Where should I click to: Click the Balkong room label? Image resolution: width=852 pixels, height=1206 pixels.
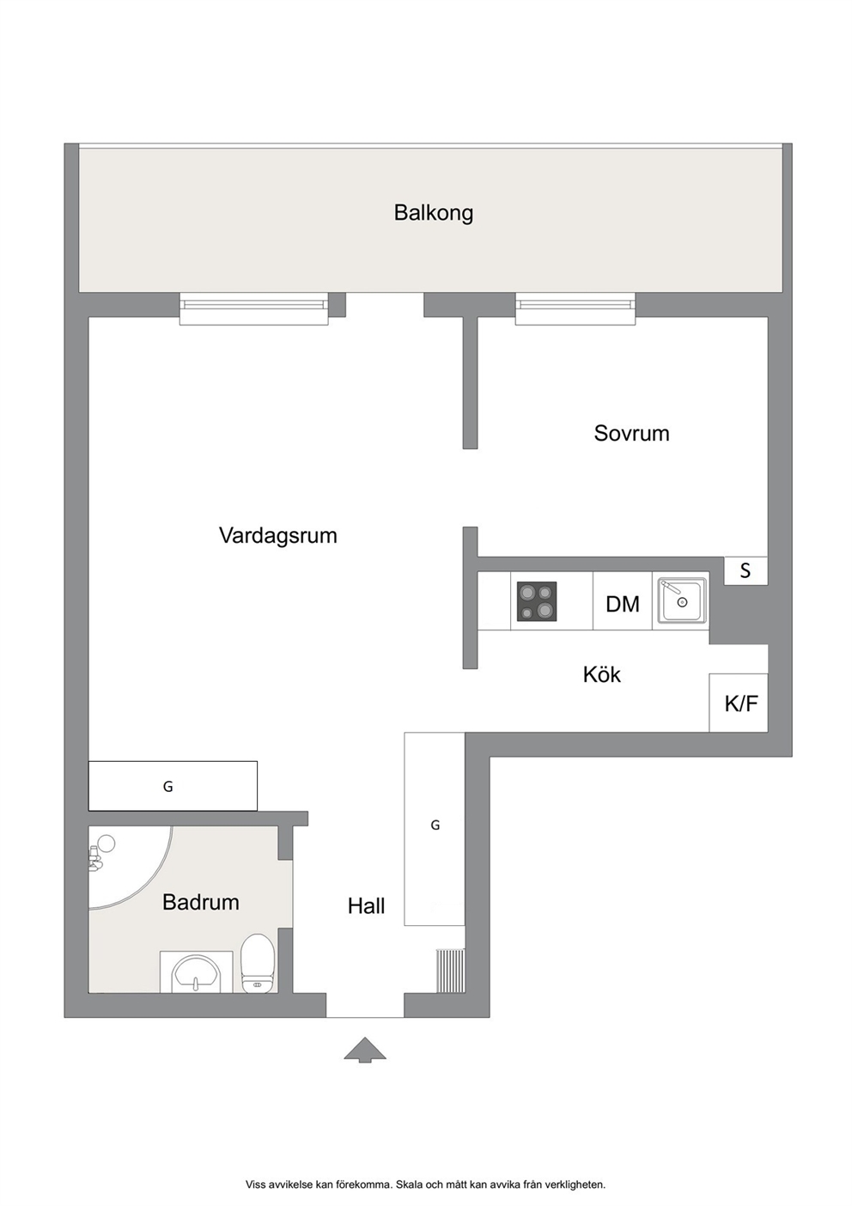[433, 213]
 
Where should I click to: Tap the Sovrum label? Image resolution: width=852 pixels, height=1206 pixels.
[631, 434]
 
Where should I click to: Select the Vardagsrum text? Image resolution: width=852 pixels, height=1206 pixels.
[277, 536]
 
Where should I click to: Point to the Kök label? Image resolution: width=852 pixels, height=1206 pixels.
[601, 674]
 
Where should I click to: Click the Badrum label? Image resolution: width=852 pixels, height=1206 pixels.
[201, 902]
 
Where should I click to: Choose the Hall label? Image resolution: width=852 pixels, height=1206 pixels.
[366, 906]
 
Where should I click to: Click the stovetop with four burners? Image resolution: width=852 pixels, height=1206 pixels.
[537, 601]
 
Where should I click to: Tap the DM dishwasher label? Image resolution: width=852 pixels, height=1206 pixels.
[623, 604]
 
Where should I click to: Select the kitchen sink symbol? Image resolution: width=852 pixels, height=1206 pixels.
[681, 600]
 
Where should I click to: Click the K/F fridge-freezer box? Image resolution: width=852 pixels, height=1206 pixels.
[739, 703]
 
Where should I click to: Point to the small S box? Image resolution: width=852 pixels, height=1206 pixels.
[745, 570]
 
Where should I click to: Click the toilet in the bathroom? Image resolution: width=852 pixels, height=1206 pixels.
[259, 964]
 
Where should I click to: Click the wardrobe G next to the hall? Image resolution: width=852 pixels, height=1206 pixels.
[435, 829]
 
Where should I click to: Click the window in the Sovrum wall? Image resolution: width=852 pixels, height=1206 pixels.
[575, 308]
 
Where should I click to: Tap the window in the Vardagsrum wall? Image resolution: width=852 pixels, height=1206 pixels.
[253, 308]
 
